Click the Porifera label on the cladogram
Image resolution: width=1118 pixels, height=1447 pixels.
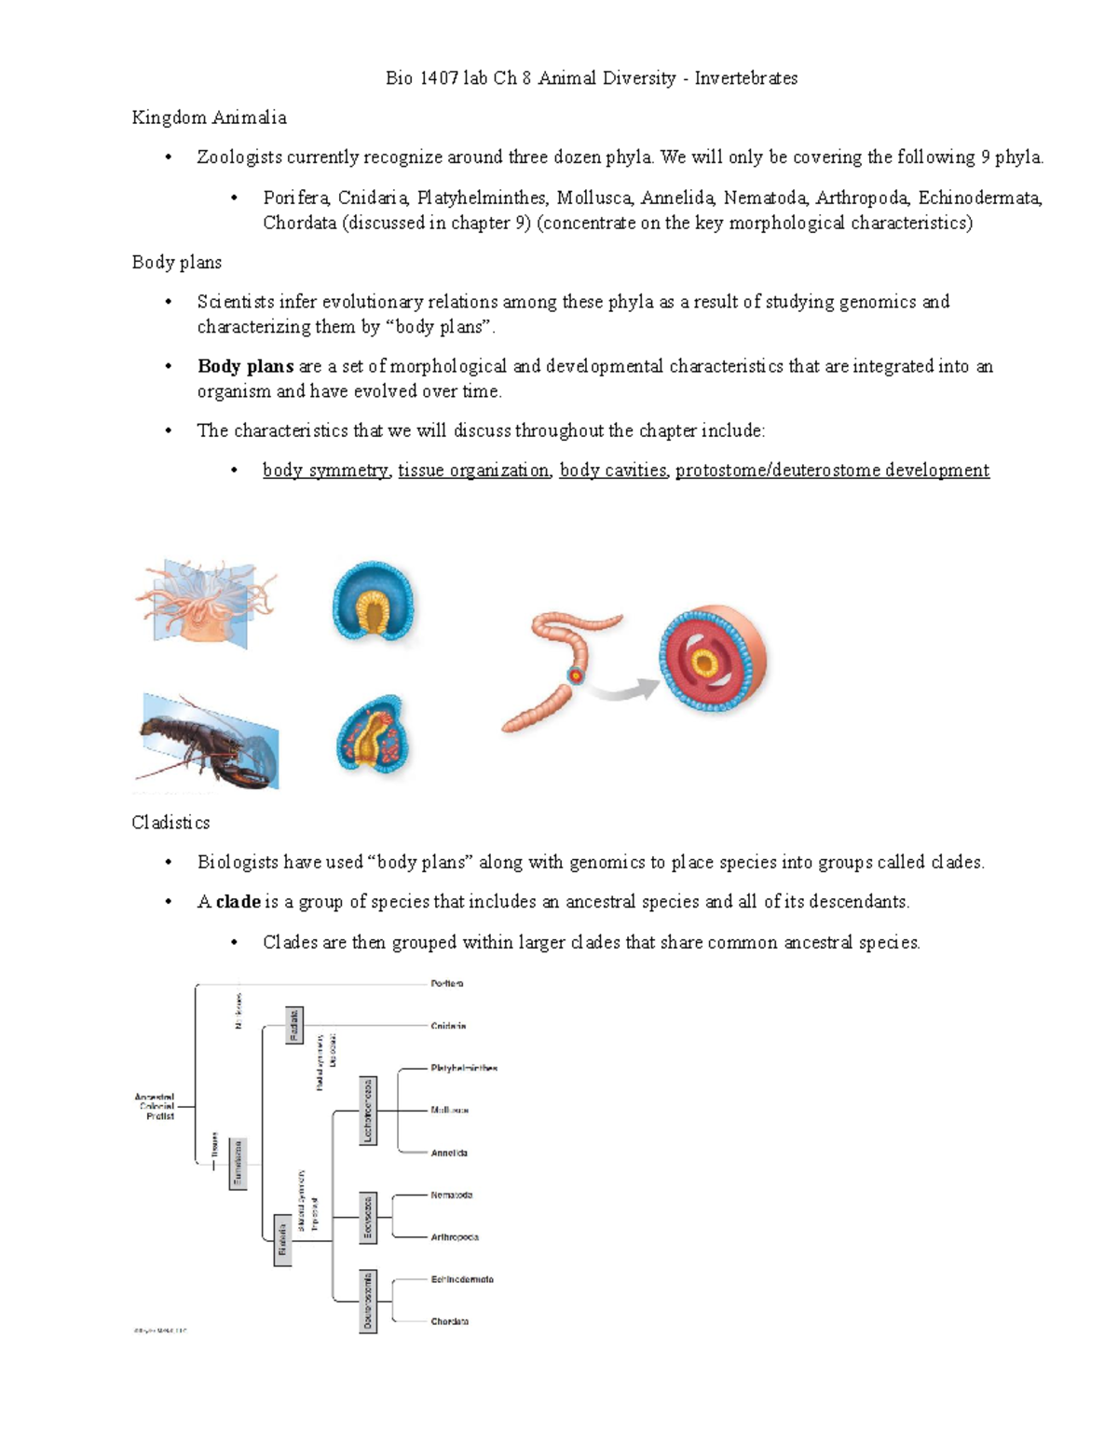coord(446,983)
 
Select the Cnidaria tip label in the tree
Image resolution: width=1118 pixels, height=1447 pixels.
coord(448,1026)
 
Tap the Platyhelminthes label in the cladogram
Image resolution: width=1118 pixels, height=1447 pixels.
coord(463,1068)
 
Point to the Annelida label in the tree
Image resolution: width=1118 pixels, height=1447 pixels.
coord(449,1153)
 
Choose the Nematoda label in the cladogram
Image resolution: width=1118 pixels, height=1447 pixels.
coord(451,1194)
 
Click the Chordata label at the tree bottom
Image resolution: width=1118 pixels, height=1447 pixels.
coord(449,1321)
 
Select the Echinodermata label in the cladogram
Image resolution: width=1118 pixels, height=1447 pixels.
coord(462,1279)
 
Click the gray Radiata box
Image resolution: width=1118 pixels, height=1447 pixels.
coord(293,1025)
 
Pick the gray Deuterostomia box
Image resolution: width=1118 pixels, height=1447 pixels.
coord(368,1301)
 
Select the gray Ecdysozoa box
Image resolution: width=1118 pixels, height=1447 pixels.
coord(368,1219)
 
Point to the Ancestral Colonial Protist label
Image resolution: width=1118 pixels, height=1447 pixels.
coord(155,1107)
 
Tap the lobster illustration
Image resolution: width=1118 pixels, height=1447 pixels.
coord(207,742)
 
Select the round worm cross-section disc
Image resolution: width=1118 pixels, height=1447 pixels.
coord(712,659)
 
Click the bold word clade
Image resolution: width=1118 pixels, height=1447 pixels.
coord(238,902)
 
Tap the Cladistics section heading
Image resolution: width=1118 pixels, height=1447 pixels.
coord(170,823)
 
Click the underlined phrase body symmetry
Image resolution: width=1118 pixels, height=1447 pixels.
coord(325,471)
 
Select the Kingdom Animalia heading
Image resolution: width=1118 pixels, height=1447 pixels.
coord(209,117)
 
